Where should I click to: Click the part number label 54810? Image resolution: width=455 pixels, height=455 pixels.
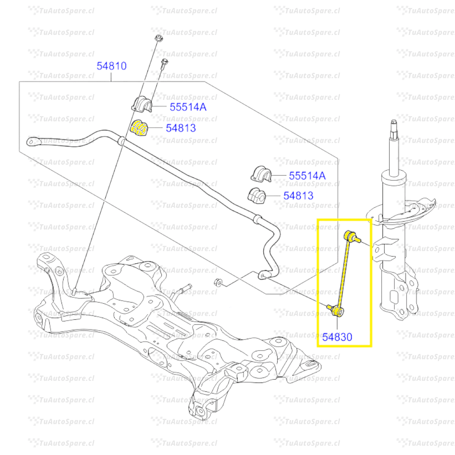(x=112, y=66)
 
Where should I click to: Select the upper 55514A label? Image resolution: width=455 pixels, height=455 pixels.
(x=188, y=107)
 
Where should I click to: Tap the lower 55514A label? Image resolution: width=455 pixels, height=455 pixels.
(x=307, y=176)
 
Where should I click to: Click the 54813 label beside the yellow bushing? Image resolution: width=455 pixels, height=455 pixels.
(x=181, y=128)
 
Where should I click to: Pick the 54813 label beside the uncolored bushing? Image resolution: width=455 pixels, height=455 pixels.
(x=298, y=195)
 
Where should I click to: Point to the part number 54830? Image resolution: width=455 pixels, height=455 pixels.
(x=337, y=337)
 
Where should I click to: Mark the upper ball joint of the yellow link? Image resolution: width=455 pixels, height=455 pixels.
(x=350, y=236)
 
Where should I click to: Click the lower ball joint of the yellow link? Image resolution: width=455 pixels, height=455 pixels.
(x=337, y=311)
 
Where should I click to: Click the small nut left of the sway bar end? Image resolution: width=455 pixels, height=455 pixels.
(x=218, y=282)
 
